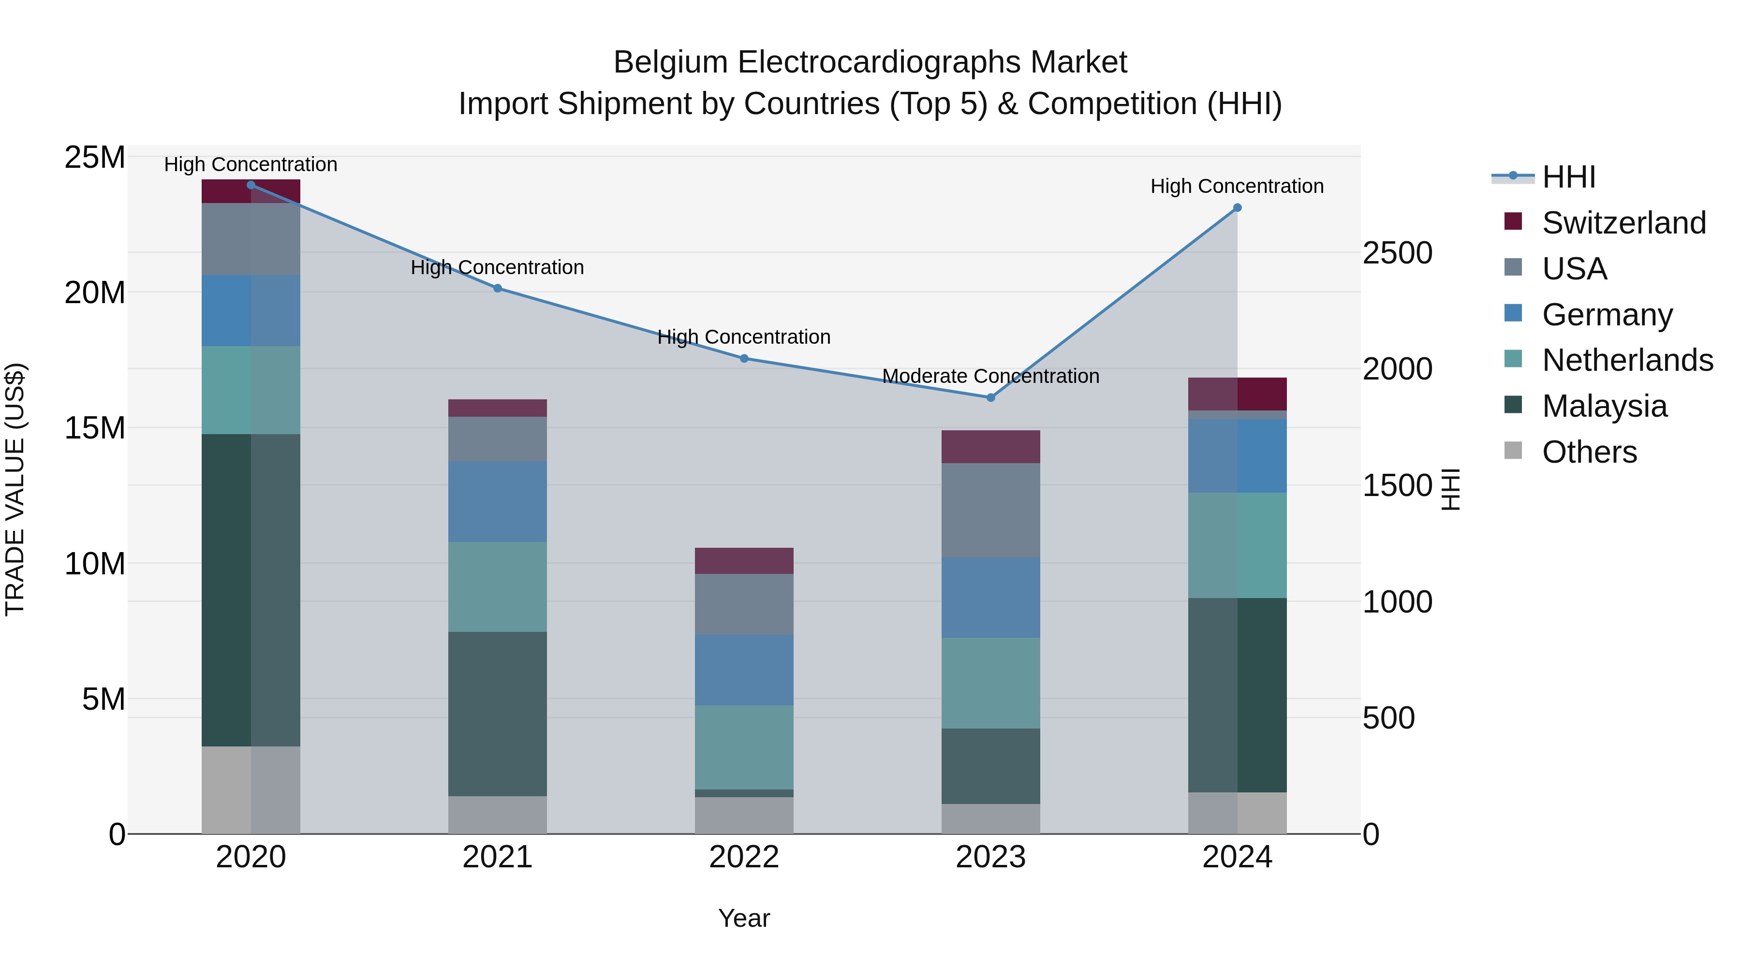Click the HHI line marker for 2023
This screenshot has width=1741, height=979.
click(x=991, y=397)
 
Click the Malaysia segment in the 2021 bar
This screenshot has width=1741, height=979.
click(x=498, y=714)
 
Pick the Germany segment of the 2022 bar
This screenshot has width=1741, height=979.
click(x=744, y=670)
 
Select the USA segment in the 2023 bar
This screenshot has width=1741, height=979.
click(x=991, y=510)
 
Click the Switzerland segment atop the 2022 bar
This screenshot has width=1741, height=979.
click(x=744, y=560)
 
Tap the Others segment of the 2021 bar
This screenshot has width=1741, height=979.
click(x=498, y=814)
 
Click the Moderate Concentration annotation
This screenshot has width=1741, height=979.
click(x=991, y=376)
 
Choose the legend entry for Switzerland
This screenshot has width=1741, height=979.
click(x=1623, y=223)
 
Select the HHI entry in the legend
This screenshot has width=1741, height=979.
click(x=1568, y=177)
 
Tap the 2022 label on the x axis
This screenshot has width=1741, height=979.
click(x=744, y=857)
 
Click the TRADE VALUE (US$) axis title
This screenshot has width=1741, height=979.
click(x=15, y=489)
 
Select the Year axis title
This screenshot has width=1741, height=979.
click(x=744, y=918)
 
